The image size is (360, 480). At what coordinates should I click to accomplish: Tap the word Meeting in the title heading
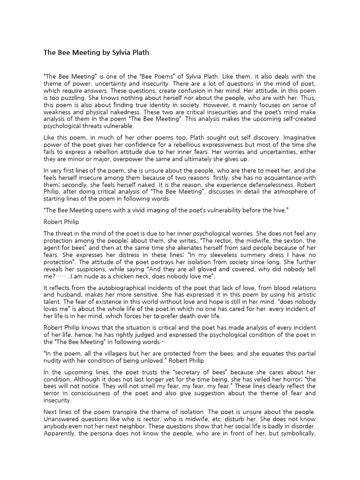[x=80, y=52]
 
